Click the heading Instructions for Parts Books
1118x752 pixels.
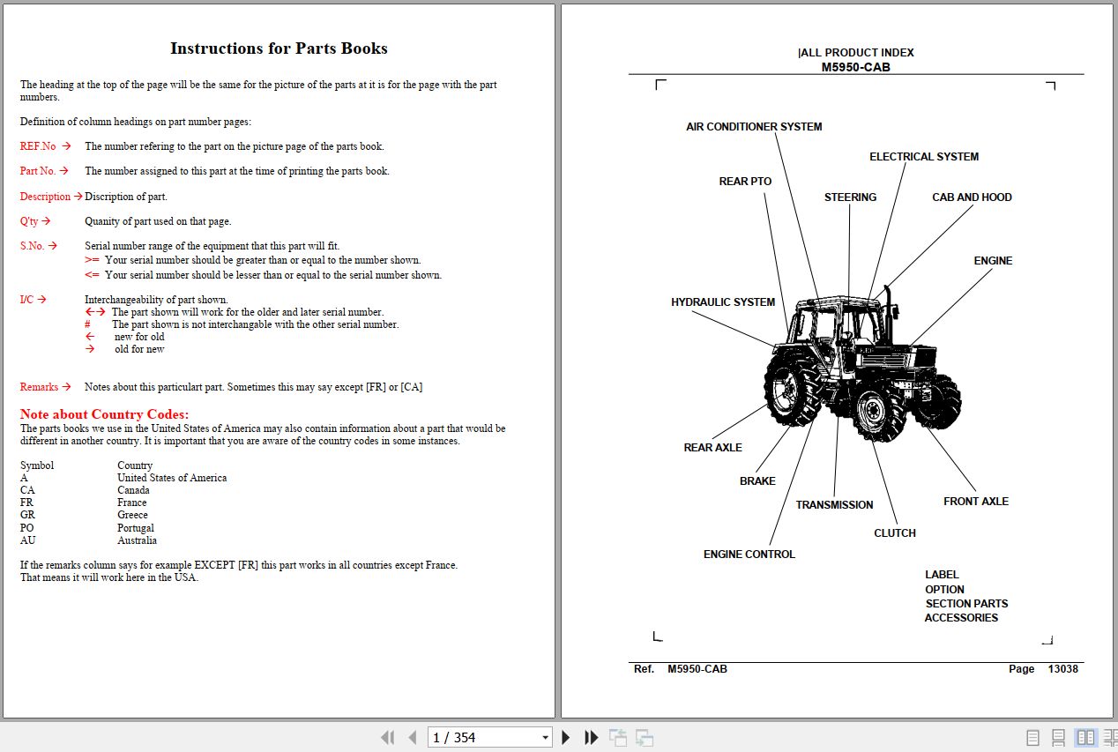click(x=279, y=48)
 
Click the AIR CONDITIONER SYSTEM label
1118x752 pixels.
click(x=754, y=127)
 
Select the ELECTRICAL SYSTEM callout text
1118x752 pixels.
click(x=923, y=157)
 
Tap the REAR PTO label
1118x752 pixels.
click(x=745, y=182)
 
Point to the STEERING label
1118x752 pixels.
click(x=850, y=197)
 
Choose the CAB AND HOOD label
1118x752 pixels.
click(x=972, y=197)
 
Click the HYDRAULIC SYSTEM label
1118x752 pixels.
click(x=723, y=302)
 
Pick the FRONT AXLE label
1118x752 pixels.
click(x=975, y=502)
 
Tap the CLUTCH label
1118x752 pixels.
click(x=894, y=533)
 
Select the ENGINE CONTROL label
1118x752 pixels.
click(x=749, y=555)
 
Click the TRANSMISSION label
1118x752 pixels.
click(x=834, y=505)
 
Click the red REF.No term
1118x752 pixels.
click(x=38, y=146)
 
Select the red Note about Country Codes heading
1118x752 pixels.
click(x=104, y=414)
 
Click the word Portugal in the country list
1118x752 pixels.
click(x=135, y=528)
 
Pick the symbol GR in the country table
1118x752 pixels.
click(x=27, y=515)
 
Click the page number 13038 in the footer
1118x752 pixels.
click(x=1062, y=669)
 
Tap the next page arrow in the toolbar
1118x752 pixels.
click(x=566, y=738)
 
